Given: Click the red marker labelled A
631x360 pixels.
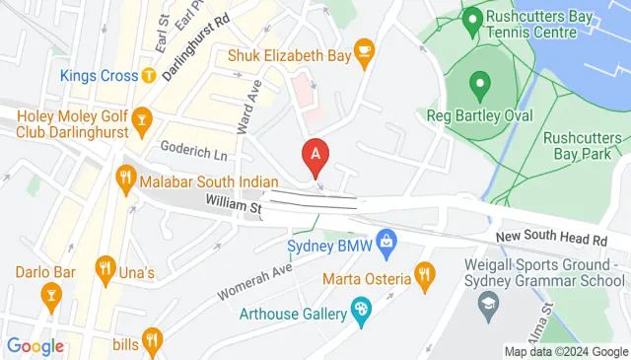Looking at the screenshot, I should click(x=315, y=155).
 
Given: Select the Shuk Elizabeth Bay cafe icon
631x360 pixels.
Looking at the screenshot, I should click(x=364, y=50).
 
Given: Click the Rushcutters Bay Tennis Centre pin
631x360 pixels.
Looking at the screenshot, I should click(x=472, y=18).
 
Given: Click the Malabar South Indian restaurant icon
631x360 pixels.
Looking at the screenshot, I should click(x=125, y=178).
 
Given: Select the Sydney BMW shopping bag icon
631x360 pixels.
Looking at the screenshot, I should click(x=387, y=240).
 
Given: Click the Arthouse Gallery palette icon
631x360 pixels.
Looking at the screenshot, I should click(x=361, y=315).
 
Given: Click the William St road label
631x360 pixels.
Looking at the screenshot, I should click(x=233, y=205).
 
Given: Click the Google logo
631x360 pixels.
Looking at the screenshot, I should click(x=35, y=345).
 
